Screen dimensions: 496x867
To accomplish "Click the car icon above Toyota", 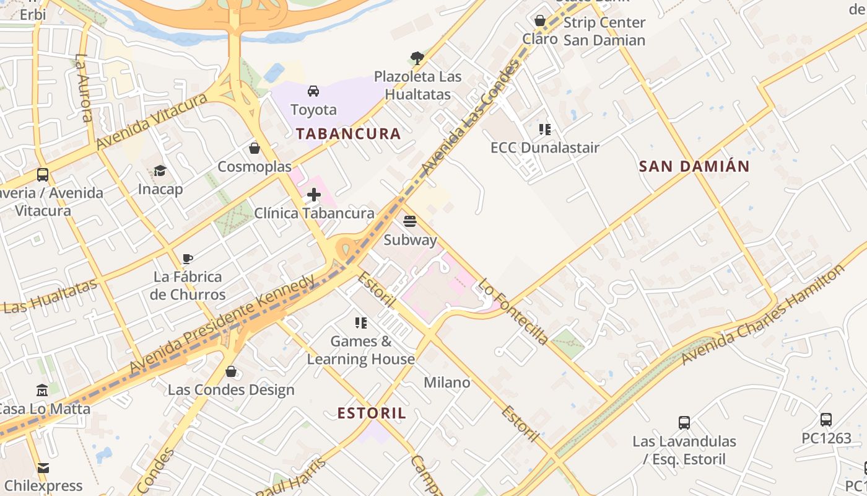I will point(313,91).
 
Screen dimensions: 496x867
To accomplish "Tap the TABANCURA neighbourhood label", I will point(348,133).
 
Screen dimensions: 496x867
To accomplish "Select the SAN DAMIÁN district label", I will point(694,166).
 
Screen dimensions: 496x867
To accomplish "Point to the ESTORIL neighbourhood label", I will point(372,413).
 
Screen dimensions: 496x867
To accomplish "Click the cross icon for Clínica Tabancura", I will point(314,195).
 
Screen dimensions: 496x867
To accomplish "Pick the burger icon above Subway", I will point(409,221).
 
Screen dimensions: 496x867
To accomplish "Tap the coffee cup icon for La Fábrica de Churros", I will point(188,258).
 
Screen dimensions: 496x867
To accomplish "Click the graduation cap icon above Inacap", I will point(160,170).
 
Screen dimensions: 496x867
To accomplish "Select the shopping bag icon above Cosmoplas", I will point(254,148).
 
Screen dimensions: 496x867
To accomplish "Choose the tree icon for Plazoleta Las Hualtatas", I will point(417,58).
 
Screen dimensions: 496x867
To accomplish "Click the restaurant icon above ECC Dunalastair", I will point(545,129).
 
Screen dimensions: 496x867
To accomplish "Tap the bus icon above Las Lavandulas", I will point(684,423).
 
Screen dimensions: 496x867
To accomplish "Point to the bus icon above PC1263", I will point(826,420).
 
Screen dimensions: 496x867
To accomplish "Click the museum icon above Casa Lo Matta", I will point(42,391).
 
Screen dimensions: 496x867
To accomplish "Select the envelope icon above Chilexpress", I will point(43,467).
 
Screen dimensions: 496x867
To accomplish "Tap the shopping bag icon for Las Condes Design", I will point(231,371).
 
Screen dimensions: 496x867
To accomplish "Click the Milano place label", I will point(447,383).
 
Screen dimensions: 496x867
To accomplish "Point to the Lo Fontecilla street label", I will point(513,311).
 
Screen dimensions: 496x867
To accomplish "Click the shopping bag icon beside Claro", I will point(540,20).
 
